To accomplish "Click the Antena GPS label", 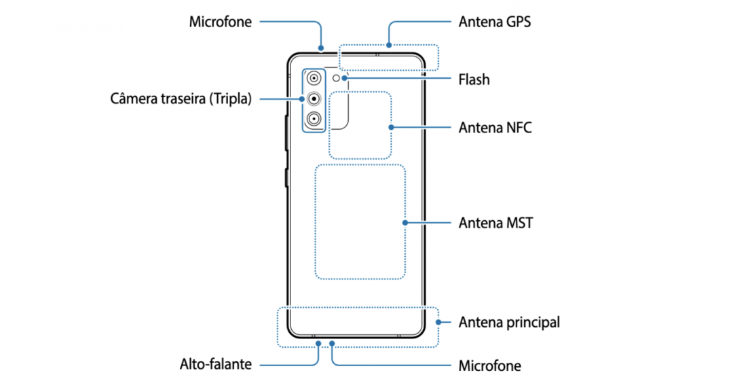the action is pyautogui.click(x=495, y=22).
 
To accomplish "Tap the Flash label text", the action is pyautogui.click(x=474, y=79).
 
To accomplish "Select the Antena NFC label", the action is pyautogui.click(x=495, y=127).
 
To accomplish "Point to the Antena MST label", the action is pyautogui.click(x=495, y=223).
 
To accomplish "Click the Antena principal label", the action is pyautogui.click(x=509, y=323).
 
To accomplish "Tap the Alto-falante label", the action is pyautogui.click(x=216, y=364).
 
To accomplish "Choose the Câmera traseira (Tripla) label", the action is pyautogui.click(x=181, y=99).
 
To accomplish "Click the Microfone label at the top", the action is pyautogui.click(x=220, y=22).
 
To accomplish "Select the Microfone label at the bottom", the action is pyautogui.click(x=489, y=366).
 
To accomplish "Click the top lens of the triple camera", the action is pyautogui.click(x=314, y=78).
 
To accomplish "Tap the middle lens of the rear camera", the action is pyautogui.click(x=314, y=99).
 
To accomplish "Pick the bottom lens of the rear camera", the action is pyautogui.click(x=314, y=119).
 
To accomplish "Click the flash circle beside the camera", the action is pyautogui.click(x=336, y=78).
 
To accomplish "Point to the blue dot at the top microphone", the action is pyautogui.click(x=321, y=48).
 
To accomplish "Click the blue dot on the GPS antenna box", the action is pyautogui.click(x=389, y=45).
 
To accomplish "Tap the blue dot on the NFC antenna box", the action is pyautogui.click(x=391, y=127).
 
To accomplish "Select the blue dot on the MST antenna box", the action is pyautogui.click(x=405, y=223).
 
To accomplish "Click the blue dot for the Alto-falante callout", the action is pyautogui.click(x=318, y=344).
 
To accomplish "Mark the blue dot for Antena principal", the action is pyautogui.click(x=438, y=322).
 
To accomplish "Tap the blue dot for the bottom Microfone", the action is pyautogui.click(x=332, y=344).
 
